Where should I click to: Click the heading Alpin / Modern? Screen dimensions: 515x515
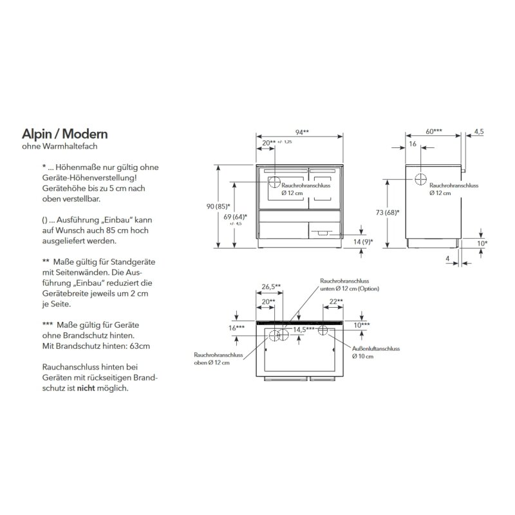[64, 134]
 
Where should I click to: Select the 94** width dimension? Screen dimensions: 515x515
[302, 132]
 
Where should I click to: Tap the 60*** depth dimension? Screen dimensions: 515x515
[433, 131]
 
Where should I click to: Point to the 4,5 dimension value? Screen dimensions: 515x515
[478, 131]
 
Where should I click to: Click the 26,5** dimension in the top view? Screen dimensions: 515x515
[272, 287]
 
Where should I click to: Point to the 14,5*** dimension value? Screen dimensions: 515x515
[304, 329]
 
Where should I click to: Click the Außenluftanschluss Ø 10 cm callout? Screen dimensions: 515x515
[375, 352]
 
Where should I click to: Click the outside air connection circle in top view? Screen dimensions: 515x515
[323, 332]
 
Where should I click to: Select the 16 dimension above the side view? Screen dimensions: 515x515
[413, 145]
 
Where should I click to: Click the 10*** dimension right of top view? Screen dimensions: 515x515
[362, 326]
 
